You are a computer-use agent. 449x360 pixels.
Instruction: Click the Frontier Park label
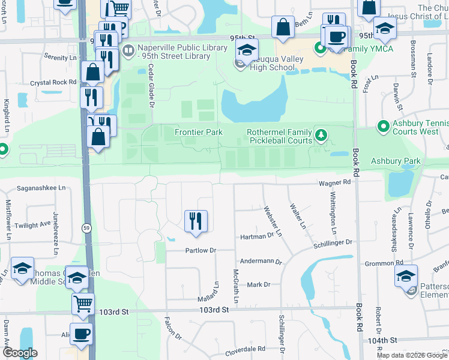pyautogui.click(x=198, y=132)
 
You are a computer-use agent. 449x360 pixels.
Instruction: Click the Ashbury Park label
pyautogui.click(x=396, y=161)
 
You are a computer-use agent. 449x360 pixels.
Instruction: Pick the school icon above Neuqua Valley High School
pyautogui.click(x=246, y=52)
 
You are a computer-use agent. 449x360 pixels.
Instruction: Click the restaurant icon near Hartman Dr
pyautogui.click(x=196, y=221)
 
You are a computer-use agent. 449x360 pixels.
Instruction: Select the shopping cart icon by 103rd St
pyautogui.click(x=83, y=304)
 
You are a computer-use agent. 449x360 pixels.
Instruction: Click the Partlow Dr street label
pyautogui.click(x=200, y=250)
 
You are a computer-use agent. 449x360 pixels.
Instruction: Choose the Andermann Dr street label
pyautogui.click(x=261, y=262)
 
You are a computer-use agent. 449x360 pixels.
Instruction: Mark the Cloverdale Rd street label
pyautogui.click(x=245, y=349)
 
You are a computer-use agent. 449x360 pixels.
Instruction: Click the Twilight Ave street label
pyautogui.click(x=33, y=224)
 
